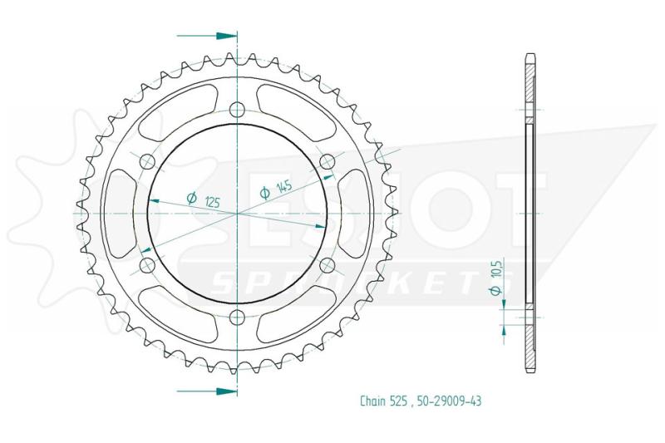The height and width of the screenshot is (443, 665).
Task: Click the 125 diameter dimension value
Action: tap(212, 202)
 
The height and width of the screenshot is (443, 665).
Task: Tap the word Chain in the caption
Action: tap(373, 401)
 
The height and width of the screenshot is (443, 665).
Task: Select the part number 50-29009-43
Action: tap(449, 401)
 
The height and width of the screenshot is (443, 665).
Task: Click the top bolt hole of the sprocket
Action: tap(237, 110)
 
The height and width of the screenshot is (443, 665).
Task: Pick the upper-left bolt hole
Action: tap(148, 161)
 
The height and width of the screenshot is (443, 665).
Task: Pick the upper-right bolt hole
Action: tap(327, 161)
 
